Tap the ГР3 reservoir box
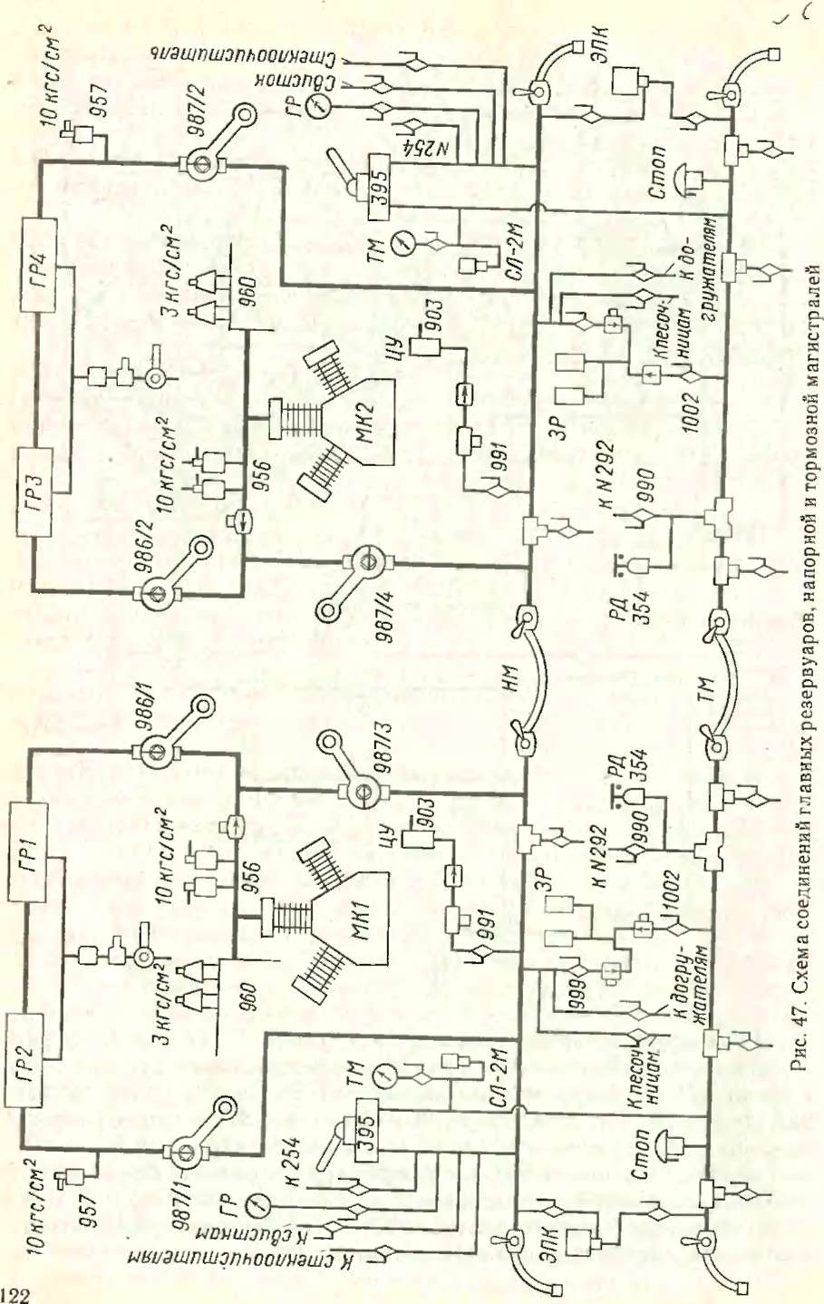[x=34, y=490]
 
